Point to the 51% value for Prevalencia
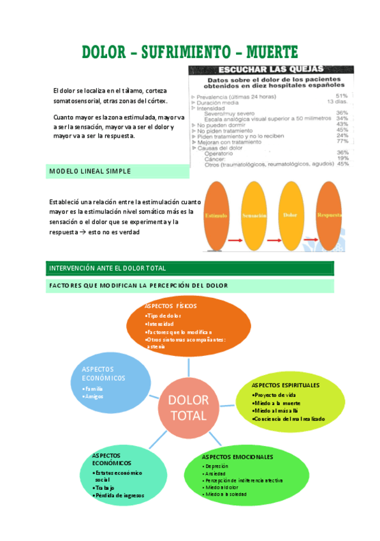click(342, 96)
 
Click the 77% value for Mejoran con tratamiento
click(342, 141)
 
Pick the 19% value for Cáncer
click(342, 158)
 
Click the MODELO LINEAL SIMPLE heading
click(90, 171)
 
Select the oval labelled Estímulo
click(216, 216)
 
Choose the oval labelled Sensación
click(254, 216)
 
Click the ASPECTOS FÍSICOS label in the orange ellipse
click(171, 306)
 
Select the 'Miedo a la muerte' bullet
click(277, 403)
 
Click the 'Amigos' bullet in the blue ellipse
click(94, 396)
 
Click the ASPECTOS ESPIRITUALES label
click(286, 385)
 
